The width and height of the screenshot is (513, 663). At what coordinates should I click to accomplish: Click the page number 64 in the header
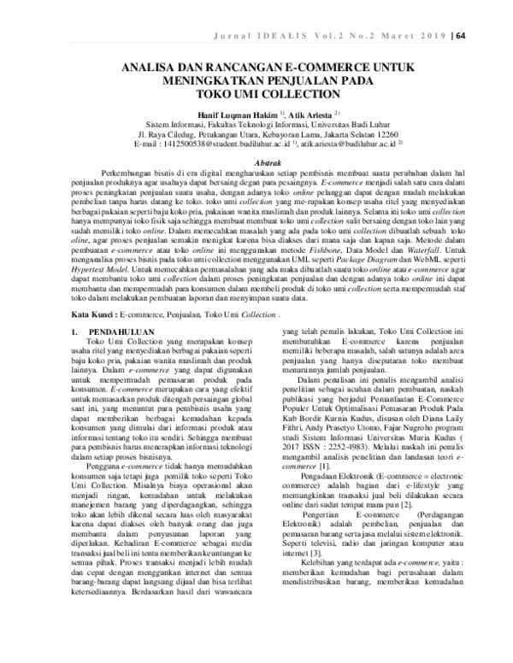pyautogui.click(x=485, y=35)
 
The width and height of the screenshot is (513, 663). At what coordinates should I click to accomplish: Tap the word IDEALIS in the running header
pyautogui.click(x=327, y=35)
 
